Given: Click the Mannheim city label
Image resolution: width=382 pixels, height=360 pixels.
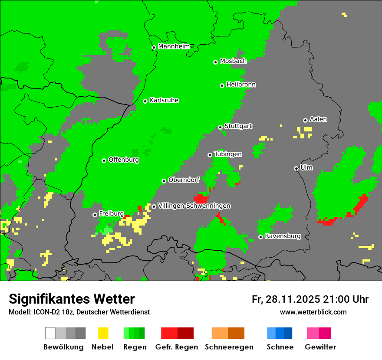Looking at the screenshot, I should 174,46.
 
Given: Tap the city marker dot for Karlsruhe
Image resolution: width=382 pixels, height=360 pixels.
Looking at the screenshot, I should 145,101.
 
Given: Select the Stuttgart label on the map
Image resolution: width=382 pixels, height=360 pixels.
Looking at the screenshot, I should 238,126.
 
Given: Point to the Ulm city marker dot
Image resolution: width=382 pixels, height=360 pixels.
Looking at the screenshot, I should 296,168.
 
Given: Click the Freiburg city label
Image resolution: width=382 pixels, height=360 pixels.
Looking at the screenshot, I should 111,214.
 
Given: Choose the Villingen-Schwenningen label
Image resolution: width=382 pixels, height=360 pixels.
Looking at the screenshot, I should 194,206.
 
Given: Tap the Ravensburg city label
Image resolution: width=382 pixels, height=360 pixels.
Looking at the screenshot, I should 283,236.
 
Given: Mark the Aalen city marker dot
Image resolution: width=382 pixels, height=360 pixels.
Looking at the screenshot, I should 305,120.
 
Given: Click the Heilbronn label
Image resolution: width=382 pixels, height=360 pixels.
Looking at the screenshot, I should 241,85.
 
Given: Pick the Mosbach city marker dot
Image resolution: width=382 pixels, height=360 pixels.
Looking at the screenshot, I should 215,62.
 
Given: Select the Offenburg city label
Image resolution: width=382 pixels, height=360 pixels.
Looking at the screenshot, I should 123,160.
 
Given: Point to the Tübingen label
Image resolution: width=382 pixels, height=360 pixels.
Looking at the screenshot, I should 228,154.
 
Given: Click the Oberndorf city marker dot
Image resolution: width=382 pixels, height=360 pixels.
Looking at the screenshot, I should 164,181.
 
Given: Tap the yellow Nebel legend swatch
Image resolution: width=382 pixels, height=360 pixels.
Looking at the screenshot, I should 103,333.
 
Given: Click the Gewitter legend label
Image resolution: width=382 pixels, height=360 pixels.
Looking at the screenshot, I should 320,347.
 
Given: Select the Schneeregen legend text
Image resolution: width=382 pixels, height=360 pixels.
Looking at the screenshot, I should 229,347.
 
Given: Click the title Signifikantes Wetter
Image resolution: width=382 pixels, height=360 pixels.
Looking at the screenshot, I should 72,299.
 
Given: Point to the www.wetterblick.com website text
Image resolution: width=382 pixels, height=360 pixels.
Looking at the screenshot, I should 313,312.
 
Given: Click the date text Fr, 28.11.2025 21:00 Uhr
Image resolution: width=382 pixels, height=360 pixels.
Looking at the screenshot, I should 310,299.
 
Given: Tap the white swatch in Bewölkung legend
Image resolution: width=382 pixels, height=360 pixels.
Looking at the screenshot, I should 50,333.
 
